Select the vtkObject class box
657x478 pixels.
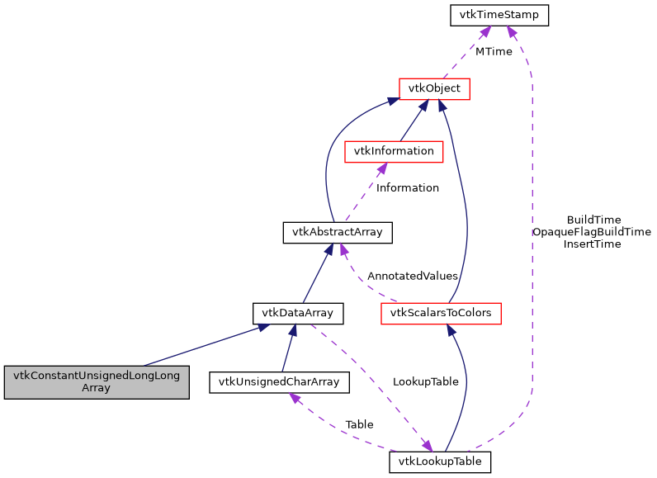click(434, 88)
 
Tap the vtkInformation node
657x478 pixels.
click(394, 151)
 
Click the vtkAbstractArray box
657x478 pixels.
click(337, 232)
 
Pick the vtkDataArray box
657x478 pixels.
click(297, 313)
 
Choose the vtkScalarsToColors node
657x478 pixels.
click(441, 313)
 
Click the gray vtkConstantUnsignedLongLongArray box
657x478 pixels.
click(97, 381)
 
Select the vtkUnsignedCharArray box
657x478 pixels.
click(279, 381)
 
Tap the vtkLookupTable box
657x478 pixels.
click(440, 461)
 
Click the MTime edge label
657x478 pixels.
click(493, 51)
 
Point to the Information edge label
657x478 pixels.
click(407, 187)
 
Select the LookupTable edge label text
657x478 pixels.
click(425, 382)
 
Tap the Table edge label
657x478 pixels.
click(359, 424)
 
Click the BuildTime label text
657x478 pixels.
click(593, 220)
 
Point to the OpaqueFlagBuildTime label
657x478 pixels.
click(592, 232)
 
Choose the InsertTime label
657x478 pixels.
click(592, 244)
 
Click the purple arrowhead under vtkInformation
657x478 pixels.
click(380, 168)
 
